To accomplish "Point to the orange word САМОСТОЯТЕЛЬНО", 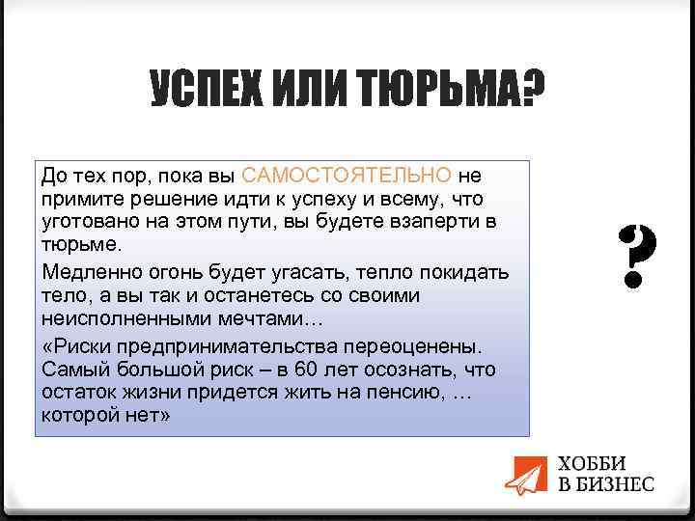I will pyautogui.click(x=347, y=176).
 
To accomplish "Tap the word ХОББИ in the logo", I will pyautogui.click(x=592, y=462).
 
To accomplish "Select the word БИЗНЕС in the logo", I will pyautogui.click(x=614, y=483).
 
